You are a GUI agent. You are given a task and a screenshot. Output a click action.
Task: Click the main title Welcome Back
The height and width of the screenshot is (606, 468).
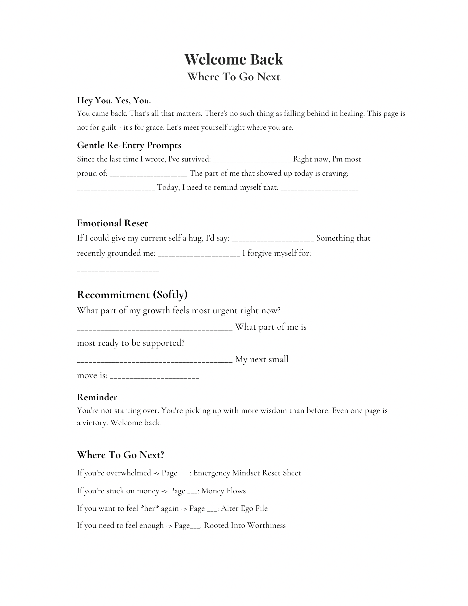pos(234,59)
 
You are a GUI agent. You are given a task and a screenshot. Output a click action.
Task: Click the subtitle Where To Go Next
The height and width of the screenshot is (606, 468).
pos(234,77)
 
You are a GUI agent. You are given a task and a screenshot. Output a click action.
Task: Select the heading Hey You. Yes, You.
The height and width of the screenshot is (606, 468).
pos(114,100)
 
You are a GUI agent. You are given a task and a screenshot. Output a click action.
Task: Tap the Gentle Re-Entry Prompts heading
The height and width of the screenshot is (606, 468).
pos(129,145)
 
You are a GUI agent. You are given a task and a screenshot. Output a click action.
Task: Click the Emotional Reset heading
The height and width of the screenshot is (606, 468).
pos(112,223)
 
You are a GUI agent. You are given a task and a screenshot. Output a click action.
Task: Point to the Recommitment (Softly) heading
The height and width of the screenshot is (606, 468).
pos(132,295)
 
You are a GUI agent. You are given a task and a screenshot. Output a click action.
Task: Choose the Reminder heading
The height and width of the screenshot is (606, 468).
pos(97,397)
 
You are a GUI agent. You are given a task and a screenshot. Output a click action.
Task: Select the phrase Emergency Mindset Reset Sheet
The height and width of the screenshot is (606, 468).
pos(247,473)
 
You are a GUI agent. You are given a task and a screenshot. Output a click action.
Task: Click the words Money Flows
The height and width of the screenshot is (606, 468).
pos(223,491)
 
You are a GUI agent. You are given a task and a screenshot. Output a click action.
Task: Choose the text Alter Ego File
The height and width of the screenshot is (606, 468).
pos(244,508)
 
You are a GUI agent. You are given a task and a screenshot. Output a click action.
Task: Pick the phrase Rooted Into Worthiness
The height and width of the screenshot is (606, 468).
pos(245,525)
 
